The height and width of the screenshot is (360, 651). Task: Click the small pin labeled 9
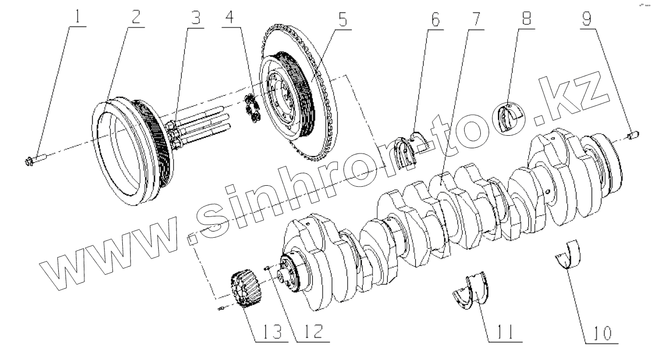[632, 136]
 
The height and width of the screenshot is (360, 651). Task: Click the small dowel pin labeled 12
[266, 269]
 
